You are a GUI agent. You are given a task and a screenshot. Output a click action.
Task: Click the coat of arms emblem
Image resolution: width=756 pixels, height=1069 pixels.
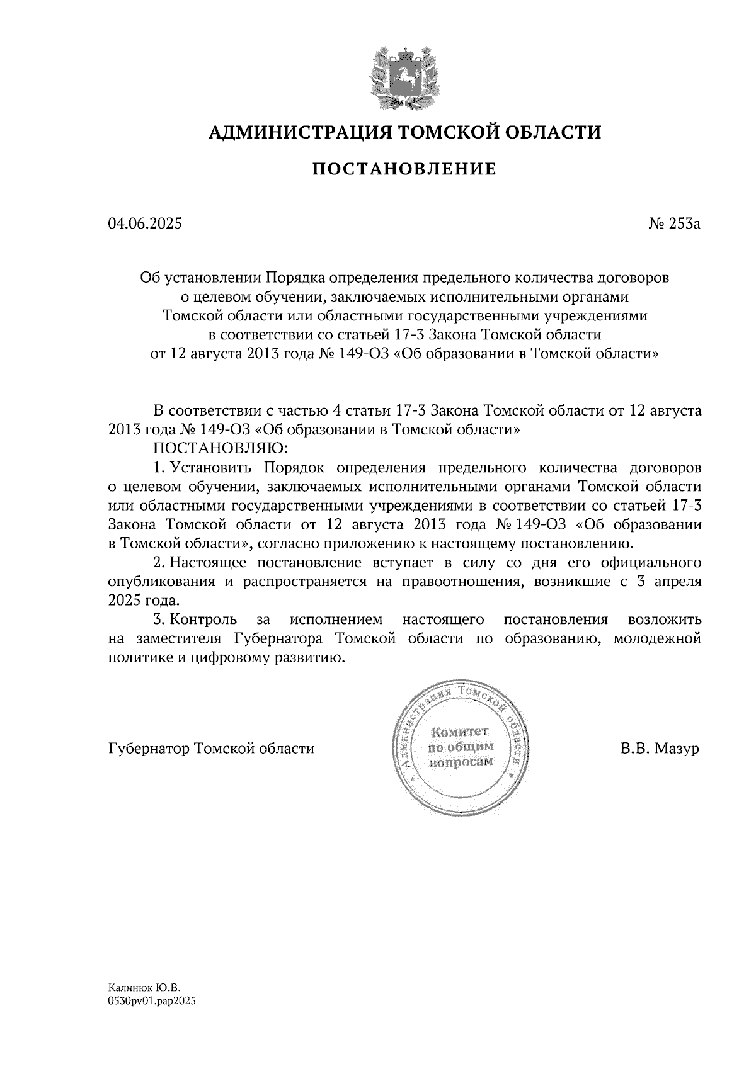click(404, 75)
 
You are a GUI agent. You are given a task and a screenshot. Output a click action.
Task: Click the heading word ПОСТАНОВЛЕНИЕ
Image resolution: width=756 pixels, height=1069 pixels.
click(404, 169)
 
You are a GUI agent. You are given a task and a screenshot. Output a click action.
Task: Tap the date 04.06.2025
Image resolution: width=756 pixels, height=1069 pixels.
click(145, 223)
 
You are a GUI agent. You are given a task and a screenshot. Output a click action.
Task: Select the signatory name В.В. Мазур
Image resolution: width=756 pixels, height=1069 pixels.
click(660, 749)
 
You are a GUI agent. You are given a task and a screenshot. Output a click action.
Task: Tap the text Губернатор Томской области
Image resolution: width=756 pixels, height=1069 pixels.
click(211, 749)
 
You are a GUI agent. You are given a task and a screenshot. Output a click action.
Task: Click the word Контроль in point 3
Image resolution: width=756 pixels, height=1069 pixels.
click(203, 619)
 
